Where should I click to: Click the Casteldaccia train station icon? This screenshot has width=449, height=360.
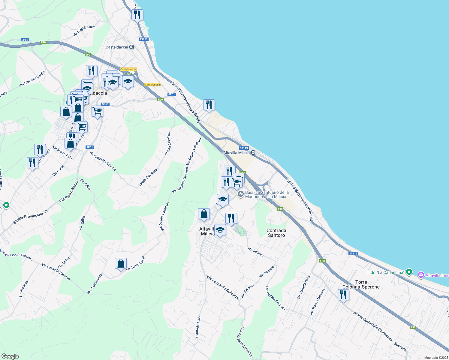click(131, 47)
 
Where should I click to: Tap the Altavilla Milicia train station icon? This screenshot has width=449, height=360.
click(253, 153)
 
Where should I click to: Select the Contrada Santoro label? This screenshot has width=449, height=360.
click(276, 233)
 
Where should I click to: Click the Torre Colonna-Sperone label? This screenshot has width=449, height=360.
click(361, 284)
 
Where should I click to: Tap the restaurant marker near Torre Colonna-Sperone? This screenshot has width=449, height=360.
click(343, 295)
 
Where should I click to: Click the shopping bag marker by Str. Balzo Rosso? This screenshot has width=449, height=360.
click(121, 264)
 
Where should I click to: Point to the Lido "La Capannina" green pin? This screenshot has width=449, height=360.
click(408, 272)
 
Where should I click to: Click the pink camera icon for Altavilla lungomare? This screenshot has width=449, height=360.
click(421, 275)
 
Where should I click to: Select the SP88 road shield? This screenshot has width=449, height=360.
click(25, 40)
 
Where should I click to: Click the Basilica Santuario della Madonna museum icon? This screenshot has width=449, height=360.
click(240, 194)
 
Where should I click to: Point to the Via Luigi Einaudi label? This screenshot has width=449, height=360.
click(84, 31)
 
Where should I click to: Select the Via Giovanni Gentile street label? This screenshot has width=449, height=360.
click(32, 79)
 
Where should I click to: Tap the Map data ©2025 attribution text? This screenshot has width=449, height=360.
click(436, 358)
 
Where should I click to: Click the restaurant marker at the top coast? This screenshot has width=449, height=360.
click(137, 14)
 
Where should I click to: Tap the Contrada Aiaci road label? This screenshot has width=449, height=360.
click(198, 327)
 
